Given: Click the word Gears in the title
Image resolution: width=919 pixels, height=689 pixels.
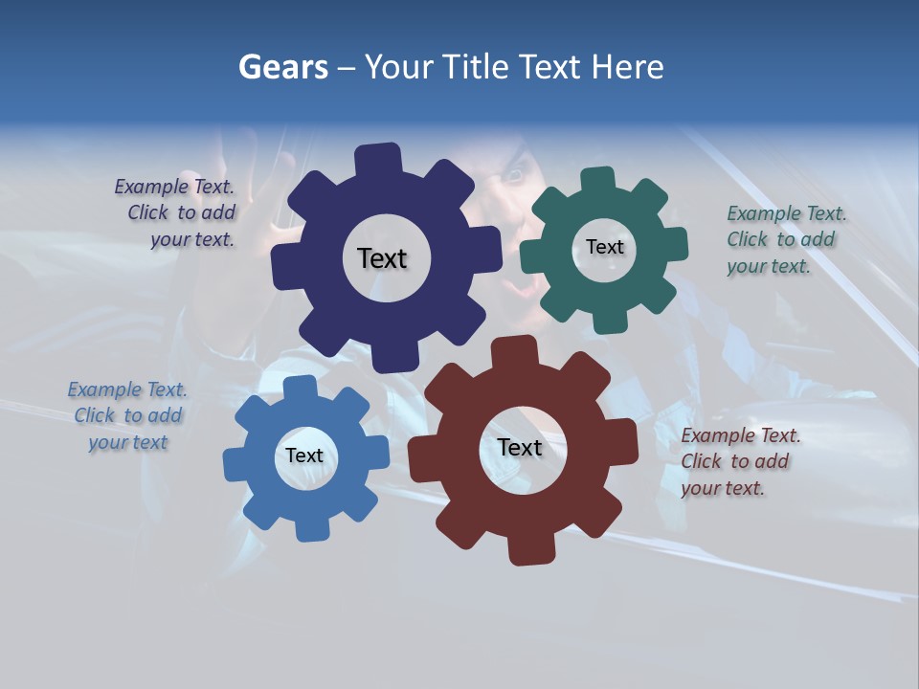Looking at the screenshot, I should coord(282,67).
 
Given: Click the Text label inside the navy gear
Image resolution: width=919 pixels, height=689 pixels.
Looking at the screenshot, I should coord(382,258).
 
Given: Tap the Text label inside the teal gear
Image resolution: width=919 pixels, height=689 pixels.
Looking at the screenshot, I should coord(604,247).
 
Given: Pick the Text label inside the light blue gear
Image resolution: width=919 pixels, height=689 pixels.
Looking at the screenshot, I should coord(304,456).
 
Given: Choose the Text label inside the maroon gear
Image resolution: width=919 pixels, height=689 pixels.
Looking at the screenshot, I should coord(520,447).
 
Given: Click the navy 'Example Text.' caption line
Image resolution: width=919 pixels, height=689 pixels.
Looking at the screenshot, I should coord(174,188).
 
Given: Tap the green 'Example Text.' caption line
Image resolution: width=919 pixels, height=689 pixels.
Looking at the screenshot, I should coord(787,213).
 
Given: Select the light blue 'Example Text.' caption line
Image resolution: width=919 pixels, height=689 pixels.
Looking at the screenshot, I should coord(127,389).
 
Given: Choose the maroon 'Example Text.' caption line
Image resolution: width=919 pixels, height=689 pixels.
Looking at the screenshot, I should coord(741,435).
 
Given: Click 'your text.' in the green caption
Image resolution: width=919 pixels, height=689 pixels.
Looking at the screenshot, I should coord(769,267).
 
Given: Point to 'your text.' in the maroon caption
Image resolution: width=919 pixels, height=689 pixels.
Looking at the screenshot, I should coord(723,488).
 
